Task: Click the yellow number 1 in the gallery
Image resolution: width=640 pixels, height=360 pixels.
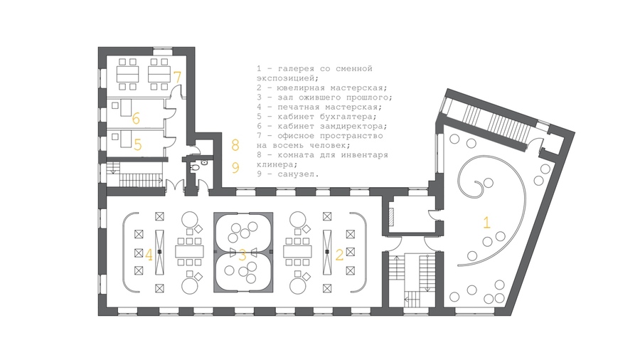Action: coord(486,223)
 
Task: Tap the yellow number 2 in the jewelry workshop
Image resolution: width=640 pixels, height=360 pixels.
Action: coord(340,255)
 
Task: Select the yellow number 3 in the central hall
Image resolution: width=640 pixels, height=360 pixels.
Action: coord(242,255)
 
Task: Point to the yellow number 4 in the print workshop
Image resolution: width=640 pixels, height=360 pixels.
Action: coord(149,255)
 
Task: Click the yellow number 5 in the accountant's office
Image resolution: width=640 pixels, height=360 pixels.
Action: coord(137,144)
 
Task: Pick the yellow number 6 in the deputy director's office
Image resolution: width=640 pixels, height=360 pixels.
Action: coord(136,118)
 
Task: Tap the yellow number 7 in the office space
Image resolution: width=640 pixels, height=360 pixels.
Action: coord(177,77)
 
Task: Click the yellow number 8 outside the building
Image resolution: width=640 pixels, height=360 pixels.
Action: coord(235,145)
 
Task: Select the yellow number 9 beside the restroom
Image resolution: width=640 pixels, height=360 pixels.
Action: coord(235,167)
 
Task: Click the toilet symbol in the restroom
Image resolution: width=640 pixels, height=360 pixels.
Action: coord(196,167)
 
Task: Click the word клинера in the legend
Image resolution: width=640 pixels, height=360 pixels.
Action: coord(275,164)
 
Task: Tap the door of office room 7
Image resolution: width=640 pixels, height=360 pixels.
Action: coord(176,91)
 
